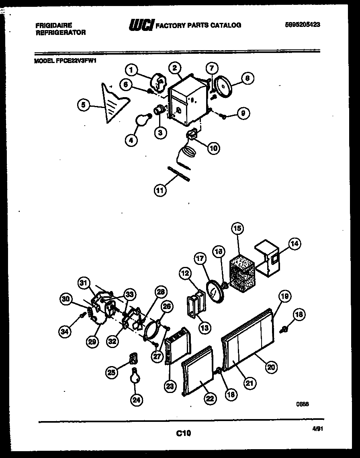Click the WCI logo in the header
(141, 25)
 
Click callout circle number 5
(83, 105)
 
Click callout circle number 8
(247, 79)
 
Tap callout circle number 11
(160, 190)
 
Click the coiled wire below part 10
(187, 154)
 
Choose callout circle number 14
(295, 243)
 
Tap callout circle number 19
(284, 297)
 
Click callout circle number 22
(210, 398)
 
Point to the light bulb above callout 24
(134, 376)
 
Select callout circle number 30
(65, 298)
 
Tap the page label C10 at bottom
(183, 433)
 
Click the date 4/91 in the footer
(317, 429)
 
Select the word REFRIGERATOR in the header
(60, 33)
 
